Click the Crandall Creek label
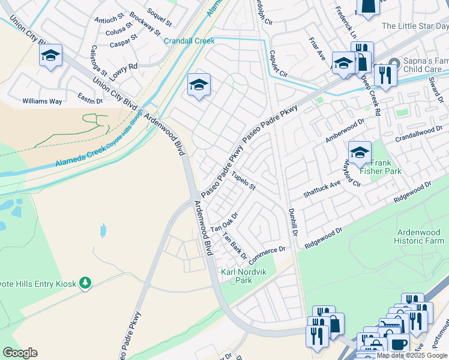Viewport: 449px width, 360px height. pyautogui.click(x=189, y=41)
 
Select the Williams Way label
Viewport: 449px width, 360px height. pyautogui.click(x=42, y=101)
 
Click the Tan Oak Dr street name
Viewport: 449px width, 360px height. pyautogui.click(x=224, y=223)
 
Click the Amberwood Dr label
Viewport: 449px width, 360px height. pyautogui.click(x=345, y=130)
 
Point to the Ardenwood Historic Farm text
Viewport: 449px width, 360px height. pyautogui.click(x=420, y=236)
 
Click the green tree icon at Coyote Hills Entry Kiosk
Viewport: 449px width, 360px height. pyautogui.click(x=85, y=282)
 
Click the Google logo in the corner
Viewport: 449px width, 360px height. pyautogui.click(x=20, y=353)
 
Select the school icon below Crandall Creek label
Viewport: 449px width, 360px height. pyautogui.click(x=199, y=85)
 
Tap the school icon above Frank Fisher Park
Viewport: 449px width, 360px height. pyautogui.click(x=360, y=152)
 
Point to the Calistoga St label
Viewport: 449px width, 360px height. pyautogui.click(x=98, y=61)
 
